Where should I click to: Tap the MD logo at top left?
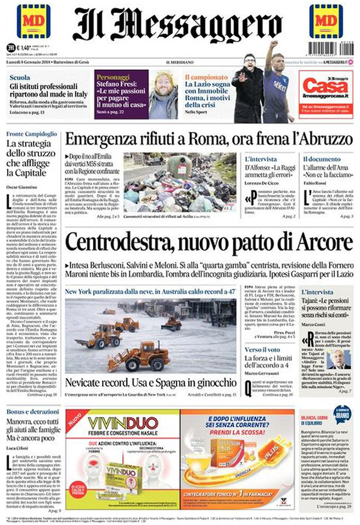point(33,21)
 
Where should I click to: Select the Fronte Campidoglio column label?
point(31,134)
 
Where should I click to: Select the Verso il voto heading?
point(262,350)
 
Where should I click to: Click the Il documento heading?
point(320,159)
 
